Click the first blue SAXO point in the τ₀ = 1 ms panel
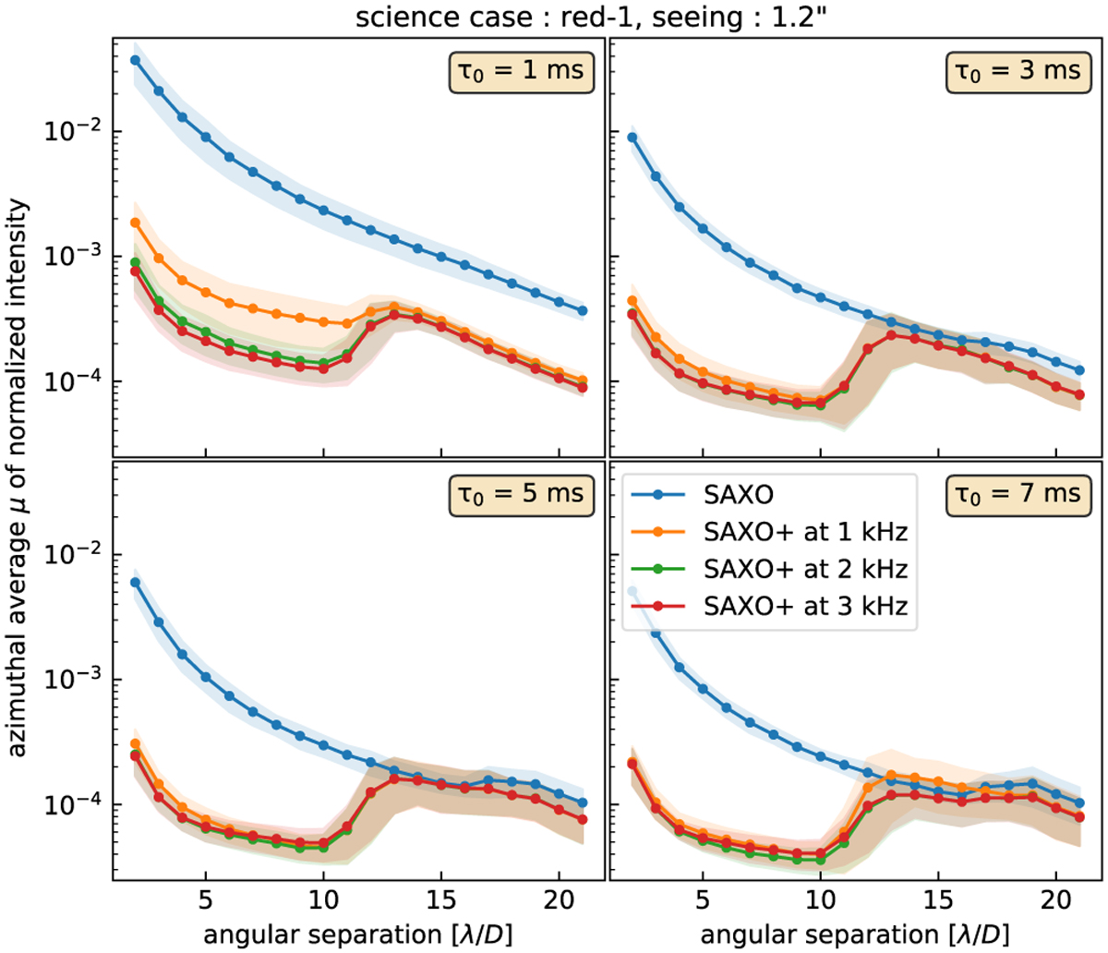coord(135,60)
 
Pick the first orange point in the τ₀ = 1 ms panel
coord(135,223)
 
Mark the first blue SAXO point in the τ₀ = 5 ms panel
coord(135,582)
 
